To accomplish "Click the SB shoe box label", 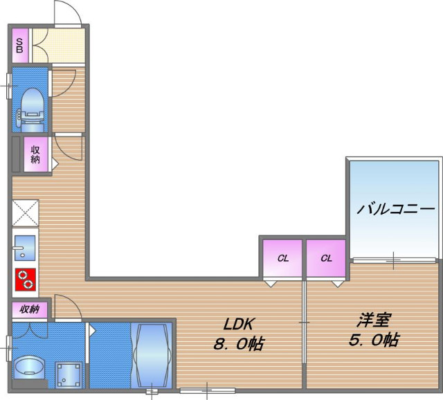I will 19,46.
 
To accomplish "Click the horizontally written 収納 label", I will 29,309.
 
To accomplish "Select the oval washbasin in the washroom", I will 29,367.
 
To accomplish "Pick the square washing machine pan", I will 68,374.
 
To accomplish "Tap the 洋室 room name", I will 374,321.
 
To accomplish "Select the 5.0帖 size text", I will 374,340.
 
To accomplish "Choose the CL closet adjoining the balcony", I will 327,259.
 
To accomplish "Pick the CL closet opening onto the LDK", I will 282,259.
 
